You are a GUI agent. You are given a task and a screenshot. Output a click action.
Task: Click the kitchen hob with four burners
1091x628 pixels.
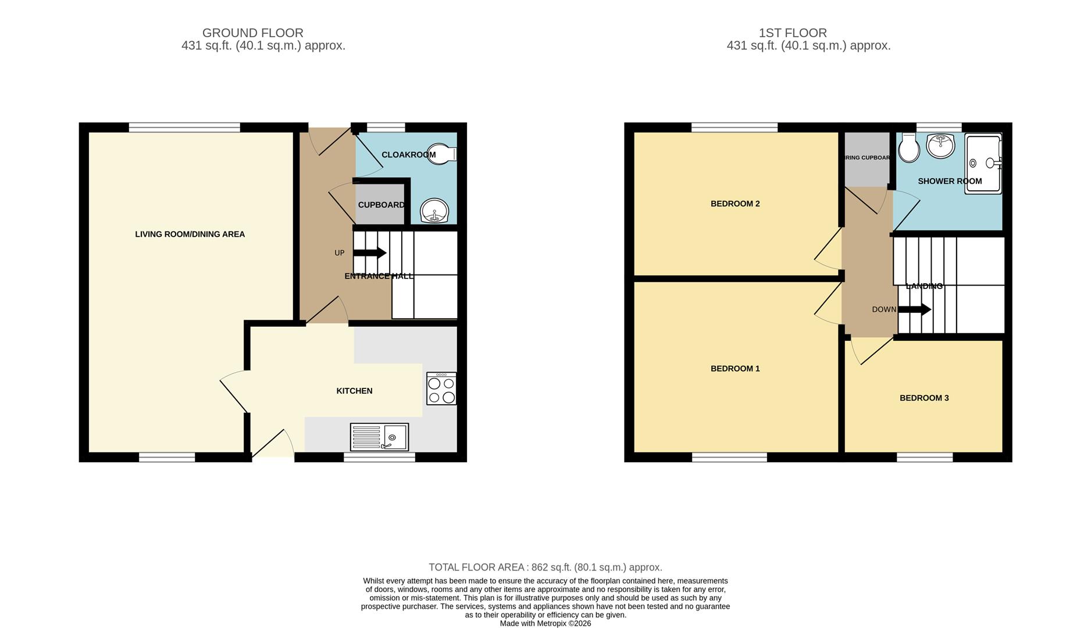(x=441, y=388)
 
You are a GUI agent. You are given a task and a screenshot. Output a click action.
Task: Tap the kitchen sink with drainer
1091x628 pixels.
(x=379, y=437)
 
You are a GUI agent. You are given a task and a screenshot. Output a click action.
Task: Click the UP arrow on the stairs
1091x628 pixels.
(x=370, y=253)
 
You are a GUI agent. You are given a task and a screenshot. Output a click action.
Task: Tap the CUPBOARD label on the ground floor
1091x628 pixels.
(x=381, y=205)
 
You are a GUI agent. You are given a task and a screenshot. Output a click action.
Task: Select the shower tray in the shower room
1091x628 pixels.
(x=983, y=163)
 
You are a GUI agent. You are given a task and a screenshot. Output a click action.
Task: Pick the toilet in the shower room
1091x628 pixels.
(x=908, y=147)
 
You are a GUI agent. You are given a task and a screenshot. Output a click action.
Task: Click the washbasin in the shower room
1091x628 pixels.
(x=940, y=145)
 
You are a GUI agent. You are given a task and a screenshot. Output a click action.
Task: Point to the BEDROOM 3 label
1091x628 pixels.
(x=924, y=398)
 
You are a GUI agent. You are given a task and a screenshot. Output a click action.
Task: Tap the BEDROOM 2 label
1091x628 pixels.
(x=735, y=204)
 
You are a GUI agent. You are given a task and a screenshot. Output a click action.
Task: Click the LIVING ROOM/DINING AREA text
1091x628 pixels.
(x=190, y=234)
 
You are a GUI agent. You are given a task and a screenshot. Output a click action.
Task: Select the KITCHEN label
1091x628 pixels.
(x=354, y=391)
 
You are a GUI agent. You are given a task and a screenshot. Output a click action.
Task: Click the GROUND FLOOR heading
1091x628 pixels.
(x=252, y=33)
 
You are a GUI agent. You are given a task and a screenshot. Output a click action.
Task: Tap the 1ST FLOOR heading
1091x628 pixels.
(x=792, y=33)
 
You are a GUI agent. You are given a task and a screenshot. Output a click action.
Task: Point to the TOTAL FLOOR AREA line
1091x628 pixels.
(x=545, y=567)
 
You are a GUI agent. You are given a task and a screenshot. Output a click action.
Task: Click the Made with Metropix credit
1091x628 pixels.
(x=545, y=623)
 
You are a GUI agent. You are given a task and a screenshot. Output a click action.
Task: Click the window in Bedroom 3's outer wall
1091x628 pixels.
(x=924, y=458)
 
